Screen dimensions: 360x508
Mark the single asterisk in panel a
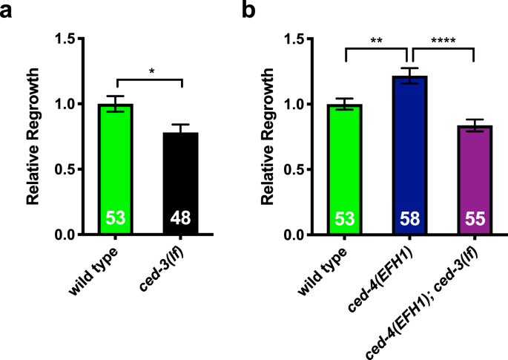click(151, 71)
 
